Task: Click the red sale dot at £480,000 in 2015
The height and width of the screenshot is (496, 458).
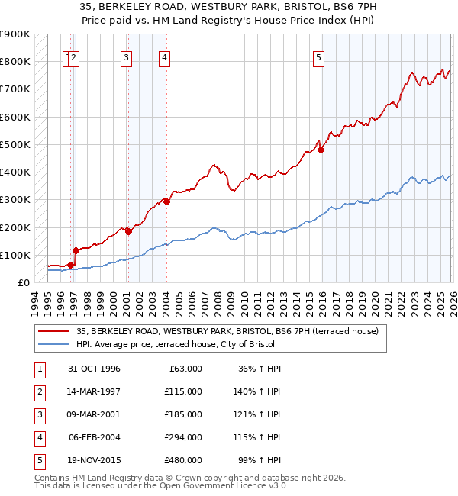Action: tap(321, 150)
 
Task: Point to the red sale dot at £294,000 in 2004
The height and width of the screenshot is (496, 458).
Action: tap(166, 201)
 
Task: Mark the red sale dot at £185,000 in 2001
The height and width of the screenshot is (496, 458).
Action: tap(128, 231)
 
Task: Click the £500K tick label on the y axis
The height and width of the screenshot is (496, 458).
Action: tap(15, 144)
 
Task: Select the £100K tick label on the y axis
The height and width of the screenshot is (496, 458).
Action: tap(15, 255)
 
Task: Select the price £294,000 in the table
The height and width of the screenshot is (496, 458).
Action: tap(183, 437)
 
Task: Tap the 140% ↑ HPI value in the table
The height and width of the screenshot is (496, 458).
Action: tap(257, 391)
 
